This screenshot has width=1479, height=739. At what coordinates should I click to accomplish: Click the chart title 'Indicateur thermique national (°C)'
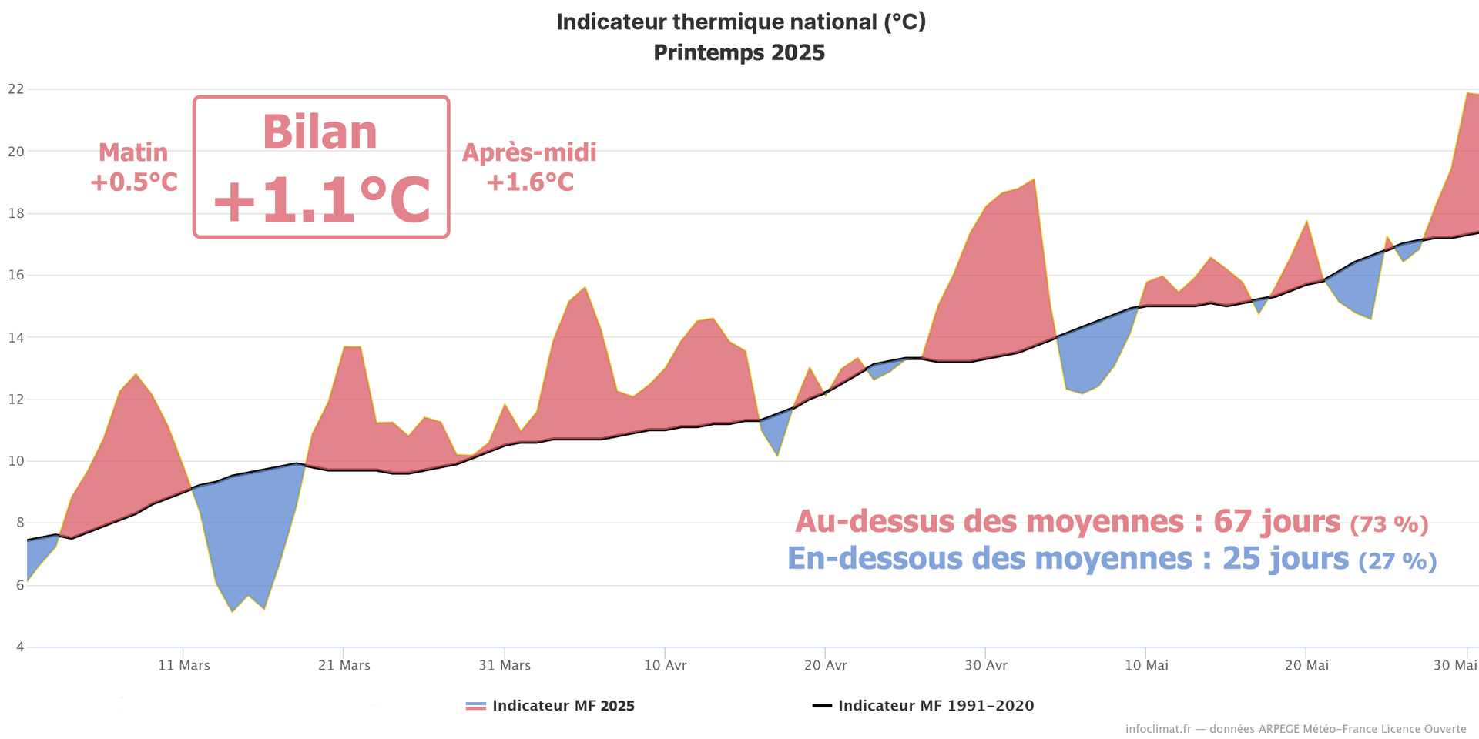(740, 22)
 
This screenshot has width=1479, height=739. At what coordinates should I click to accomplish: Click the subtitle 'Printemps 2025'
(739, 53)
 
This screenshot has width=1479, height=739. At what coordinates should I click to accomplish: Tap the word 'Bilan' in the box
(320, 132)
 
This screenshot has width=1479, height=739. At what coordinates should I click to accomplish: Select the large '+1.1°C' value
(321, 200)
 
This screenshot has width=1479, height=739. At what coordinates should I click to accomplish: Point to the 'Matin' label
(133, 152)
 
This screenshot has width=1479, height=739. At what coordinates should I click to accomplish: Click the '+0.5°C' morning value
(134, 182)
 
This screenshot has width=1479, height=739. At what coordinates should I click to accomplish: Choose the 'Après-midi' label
(529, 152)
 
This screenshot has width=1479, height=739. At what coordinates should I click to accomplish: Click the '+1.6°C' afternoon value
(530, 182)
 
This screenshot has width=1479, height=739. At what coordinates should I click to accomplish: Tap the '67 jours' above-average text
(1276, 522)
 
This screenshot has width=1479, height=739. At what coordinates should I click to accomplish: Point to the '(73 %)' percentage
(1389, 525)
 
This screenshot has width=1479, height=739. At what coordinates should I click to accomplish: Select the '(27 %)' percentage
(1397, 561)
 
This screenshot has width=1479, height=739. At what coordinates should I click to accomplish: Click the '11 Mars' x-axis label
(184, 666)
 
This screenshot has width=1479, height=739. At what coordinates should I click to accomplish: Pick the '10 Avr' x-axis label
(666, 666)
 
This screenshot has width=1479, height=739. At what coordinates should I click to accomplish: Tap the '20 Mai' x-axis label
(1306, 666)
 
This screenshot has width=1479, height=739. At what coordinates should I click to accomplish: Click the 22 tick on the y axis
(15, 89)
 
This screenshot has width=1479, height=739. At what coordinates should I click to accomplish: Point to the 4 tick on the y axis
(19, 647)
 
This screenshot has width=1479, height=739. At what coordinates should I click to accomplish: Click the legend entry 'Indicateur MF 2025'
(562, 706)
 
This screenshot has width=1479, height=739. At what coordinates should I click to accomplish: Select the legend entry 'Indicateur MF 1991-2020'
(935, 706)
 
